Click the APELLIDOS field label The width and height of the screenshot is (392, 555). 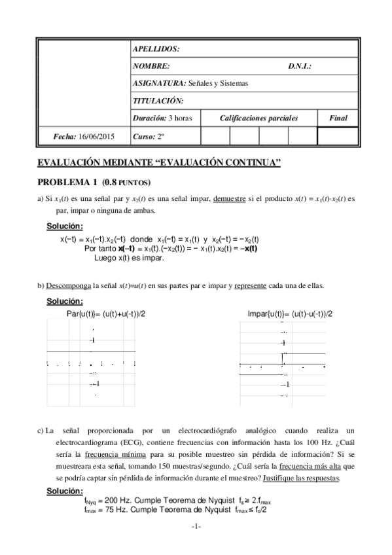[156, 49]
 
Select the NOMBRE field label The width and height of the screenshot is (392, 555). [151, 66]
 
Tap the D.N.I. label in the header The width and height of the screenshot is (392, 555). [299, 66]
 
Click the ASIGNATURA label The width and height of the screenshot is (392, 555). [158, 83]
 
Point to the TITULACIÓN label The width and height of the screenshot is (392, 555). [158, 101]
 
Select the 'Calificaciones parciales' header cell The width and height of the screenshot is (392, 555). [258, 118]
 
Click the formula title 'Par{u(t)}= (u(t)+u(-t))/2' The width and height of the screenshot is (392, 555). [107, 314]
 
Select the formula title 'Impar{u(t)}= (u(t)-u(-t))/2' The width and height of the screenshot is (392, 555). [290, 314]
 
